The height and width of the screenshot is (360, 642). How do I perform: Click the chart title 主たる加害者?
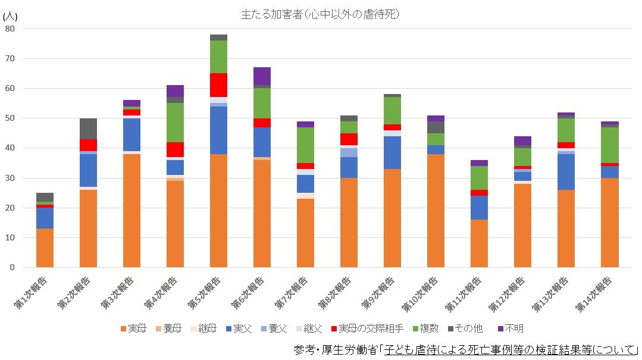tap(320, 14)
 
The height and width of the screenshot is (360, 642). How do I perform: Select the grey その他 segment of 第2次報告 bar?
tap(88, 129)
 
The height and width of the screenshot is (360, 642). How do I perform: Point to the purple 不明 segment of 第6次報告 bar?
tap(262, 76)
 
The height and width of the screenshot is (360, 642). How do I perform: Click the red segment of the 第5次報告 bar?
tap(218, 85)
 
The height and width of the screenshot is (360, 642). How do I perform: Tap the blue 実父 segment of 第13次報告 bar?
tap(566, 172)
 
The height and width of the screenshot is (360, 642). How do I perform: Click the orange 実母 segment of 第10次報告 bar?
tap(436, 211)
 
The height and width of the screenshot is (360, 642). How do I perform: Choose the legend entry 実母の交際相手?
tap(367, 328)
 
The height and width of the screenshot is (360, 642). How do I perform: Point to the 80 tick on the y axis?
tap(10, 28)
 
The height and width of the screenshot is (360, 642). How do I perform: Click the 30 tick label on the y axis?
tap(10, 178)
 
